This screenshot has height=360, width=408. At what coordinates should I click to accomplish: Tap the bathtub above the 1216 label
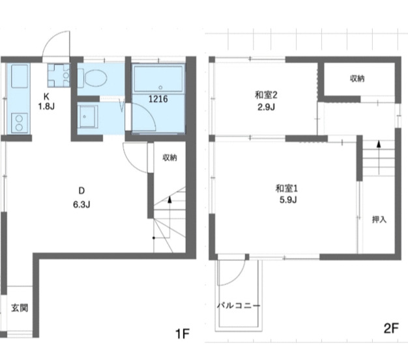[x=159, y=80]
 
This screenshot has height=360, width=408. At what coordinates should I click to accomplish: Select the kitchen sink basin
[x=18, y=76]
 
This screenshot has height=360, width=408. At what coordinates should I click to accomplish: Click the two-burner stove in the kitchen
[x=20, y=123]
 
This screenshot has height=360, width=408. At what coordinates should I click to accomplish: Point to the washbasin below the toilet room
[x=87, y=117]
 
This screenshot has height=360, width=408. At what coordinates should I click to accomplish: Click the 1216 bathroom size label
[x=158, y=99]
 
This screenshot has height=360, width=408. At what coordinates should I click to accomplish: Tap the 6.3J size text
[x=81, y=205]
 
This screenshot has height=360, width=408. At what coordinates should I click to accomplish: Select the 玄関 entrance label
[x=20, y=308]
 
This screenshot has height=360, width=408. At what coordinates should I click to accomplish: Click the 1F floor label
[x=182, y=334]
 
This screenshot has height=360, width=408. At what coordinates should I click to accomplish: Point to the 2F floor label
[x=391, y=329]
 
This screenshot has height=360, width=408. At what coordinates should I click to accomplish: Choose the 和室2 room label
[x=266, y=95]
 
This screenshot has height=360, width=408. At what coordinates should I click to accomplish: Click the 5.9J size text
[x=288, y=200]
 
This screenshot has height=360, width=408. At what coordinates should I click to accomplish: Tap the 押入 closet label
[x=379, y=220]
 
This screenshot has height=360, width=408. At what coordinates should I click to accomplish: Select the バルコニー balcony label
[x=239, y=305]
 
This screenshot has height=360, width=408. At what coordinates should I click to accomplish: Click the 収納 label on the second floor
[x=357, y=79]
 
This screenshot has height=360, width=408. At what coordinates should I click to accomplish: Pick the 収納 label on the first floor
[x=169, y=157]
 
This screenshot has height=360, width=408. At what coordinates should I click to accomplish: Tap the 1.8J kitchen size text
[x=46, y=106]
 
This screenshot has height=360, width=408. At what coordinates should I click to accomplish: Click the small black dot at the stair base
[x=154, y=238]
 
